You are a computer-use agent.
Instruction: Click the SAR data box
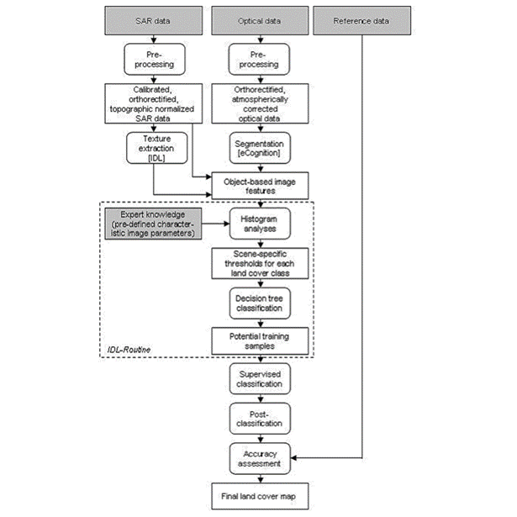(154, 20)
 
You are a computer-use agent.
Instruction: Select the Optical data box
(260, 20)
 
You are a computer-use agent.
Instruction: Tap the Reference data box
(362, 20)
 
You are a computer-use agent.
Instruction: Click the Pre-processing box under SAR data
(155, 60)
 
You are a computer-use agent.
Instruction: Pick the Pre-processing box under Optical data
(260, 60)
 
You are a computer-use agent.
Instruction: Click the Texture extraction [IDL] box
(157, 148)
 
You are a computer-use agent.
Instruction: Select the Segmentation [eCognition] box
(260, 148)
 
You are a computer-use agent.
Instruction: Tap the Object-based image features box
(260, 186)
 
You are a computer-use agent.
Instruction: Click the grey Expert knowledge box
(153, 224)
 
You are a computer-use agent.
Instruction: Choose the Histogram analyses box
(260, 224)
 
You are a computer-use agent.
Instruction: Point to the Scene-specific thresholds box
(260, 263)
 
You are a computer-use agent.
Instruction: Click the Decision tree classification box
(260, 303)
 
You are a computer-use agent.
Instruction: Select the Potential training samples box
(260, 341)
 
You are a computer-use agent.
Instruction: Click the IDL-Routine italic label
(129, 350)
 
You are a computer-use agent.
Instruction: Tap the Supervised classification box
(260, 379)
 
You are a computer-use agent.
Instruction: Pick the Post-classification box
(260, 419)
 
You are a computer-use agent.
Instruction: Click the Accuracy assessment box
(260, 459)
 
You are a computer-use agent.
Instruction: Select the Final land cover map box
(260, 496)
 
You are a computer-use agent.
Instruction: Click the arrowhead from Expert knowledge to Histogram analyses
(227, 224)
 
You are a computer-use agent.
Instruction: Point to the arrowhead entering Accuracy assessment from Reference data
(293, 457)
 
